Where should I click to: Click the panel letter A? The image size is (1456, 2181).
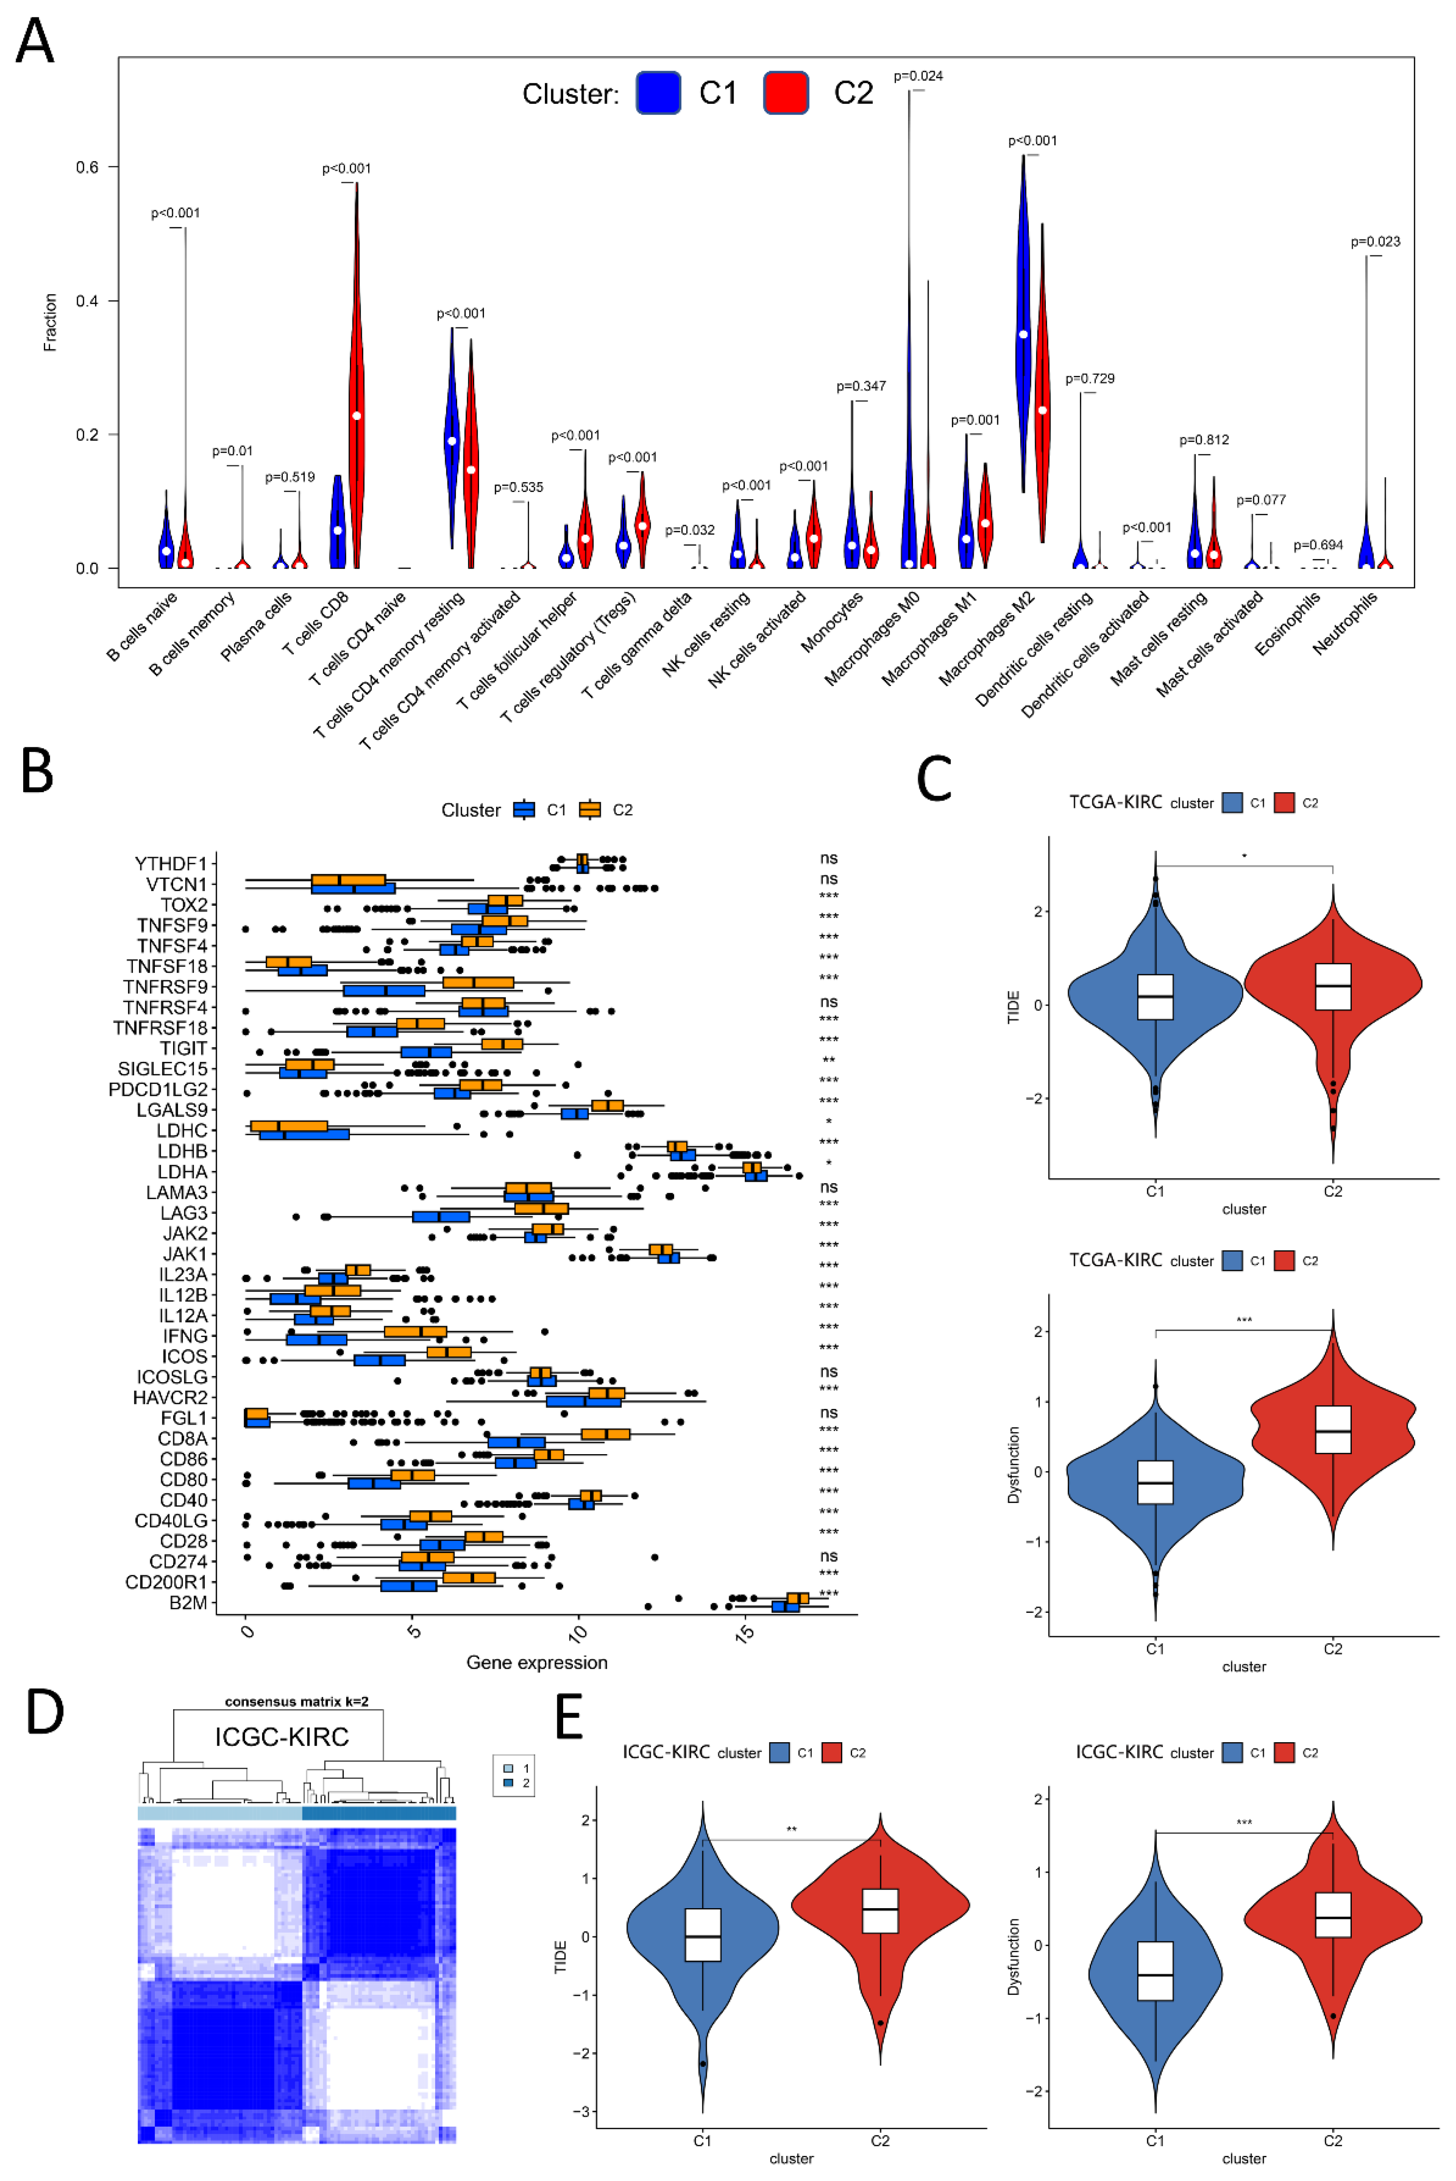click(35, 42)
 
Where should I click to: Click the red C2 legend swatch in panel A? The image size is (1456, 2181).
click(785, 93)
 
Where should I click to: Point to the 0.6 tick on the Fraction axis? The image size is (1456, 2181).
click(87, 167)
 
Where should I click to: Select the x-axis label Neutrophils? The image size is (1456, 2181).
click(1346, 622)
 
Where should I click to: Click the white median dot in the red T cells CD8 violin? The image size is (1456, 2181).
click(357, 415)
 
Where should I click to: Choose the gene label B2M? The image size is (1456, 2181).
click(188, 1603)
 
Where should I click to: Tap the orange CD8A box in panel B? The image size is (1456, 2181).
click(605, 1434)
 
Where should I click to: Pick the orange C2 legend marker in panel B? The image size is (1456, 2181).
click(590, 810)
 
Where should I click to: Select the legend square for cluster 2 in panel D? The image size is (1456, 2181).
click(508, 1782)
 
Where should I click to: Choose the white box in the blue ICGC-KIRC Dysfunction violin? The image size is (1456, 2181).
click(1155, 1971)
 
